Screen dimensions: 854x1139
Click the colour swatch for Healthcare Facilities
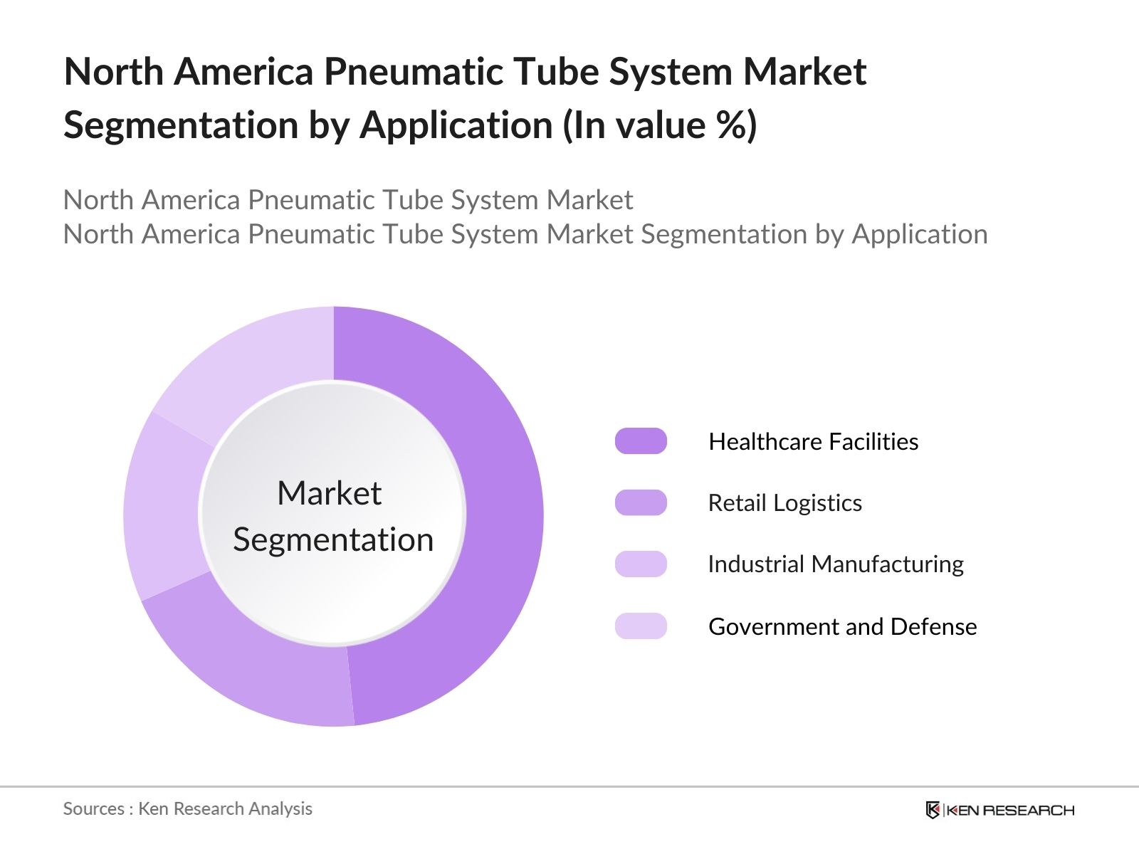tap(641, 441)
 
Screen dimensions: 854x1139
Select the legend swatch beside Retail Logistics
tap(641, 502)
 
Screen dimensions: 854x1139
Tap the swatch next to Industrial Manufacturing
tap(641, 564)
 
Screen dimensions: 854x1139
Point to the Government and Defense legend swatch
tap(641, 626)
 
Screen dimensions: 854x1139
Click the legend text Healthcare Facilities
tap(813, 442)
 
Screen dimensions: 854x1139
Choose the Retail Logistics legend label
tap(784, 503)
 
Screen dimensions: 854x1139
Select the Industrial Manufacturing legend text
tap(835, 564)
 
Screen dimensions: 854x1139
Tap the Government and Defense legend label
tap(842, 626)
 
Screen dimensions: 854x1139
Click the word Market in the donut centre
tap(329, 493)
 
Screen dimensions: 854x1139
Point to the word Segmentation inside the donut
tap(333, 539)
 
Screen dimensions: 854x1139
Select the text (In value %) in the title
tap(660, 125)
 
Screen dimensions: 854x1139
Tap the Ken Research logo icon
tap(933, 810)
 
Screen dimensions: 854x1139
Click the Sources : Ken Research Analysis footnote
tap(187, 808)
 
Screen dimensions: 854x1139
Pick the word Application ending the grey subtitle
tap(920, 234)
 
